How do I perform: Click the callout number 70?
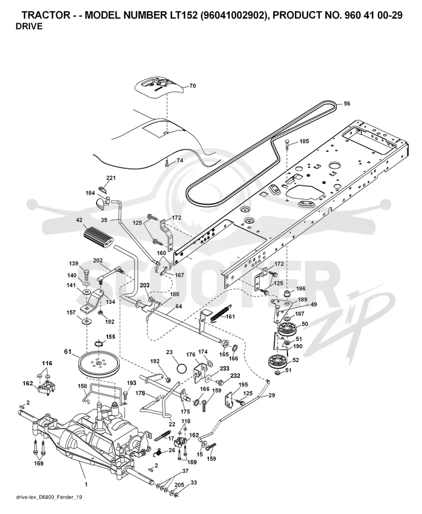point(193,86)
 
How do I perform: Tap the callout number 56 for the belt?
point(347,103)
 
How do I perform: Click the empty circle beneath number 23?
point(181,368)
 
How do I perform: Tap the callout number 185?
point(304,141)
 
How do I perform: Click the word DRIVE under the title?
point(29,26)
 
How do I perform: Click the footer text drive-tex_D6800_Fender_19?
point(49,497)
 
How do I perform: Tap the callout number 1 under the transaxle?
point(86,484)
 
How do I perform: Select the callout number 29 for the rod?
point(272,396)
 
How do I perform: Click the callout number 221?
point(111,178)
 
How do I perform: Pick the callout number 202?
point(98,261)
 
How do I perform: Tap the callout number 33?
point(194,482)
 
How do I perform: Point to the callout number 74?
point(180,160)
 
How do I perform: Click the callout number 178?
point(140,393)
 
